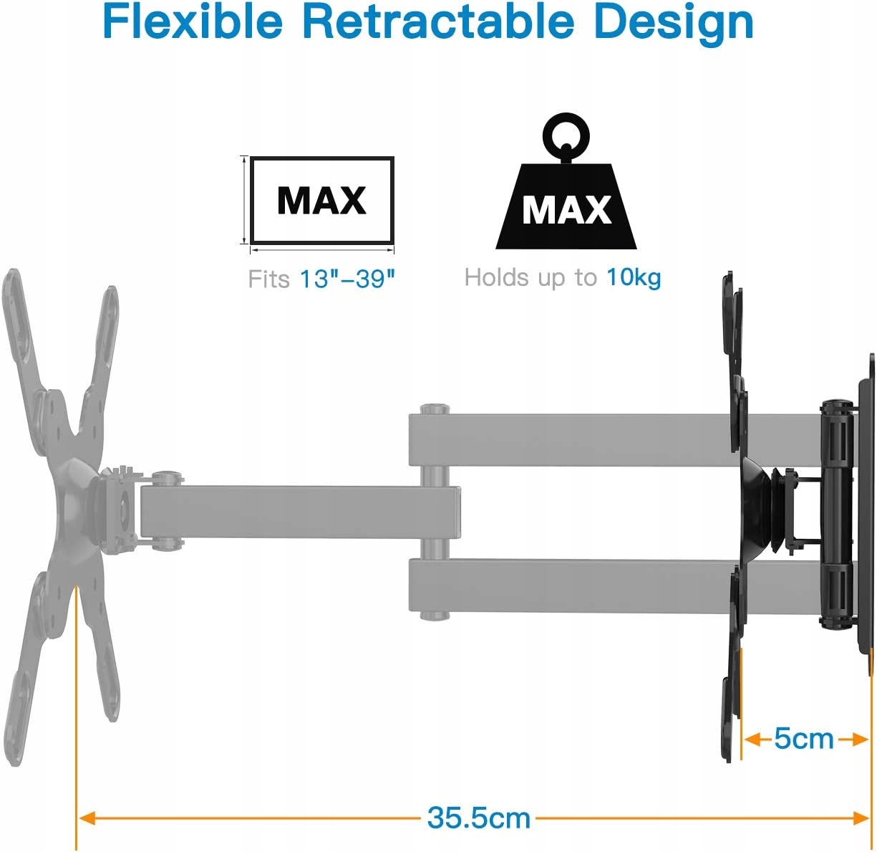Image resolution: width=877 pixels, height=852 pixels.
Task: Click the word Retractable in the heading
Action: pos(437,21)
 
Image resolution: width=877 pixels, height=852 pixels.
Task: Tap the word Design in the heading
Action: pos(674,21)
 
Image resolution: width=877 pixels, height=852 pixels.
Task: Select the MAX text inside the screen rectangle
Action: pos(321,201)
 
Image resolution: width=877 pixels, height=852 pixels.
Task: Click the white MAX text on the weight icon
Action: pos(566,210)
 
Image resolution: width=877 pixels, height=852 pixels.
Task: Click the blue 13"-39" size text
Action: pos(347,279)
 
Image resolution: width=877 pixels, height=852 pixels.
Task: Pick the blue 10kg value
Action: pos(634,277)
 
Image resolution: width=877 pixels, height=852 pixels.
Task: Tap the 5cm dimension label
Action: pos(803,739)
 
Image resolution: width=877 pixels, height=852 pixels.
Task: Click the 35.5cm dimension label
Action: pos(479,818)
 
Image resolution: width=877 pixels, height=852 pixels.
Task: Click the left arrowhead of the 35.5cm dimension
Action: pos(86,818)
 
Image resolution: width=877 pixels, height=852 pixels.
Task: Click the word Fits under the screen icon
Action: pos(268,279)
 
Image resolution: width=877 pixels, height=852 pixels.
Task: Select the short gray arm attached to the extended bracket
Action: pos(301,513)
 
